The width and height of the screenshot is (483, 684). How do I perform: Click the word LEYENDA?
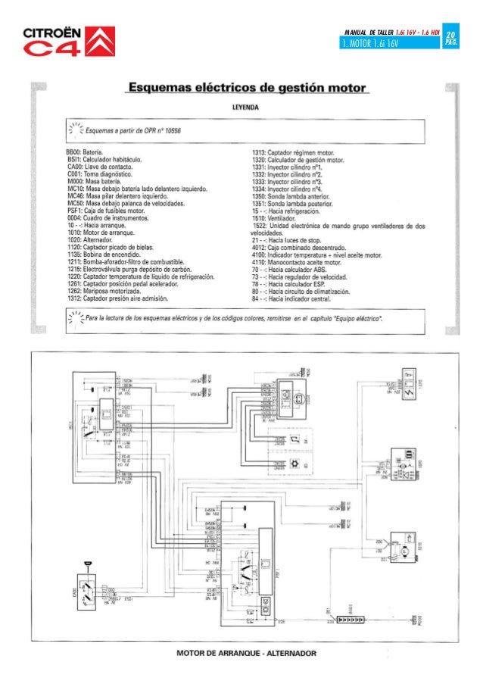tap(247, 108)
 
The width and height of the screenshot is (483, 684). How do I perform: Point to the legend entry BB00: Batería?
tap(86, 152)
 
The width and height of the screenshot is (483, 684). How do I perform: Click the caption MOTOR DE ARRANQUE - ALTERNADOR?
tap(247, 653)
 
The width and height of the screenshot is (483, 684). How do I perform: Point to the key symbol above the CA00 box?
tap(88, 561)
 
